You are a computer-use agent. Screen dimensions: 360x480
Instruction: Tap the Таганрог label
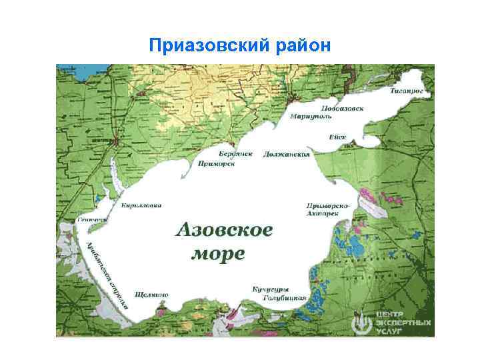pos(408,88)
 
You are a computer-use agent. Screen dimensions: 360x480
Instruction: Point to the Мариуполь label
pos(311,116)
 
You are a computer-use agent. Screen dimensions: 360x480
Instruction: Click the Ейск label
pos(337,137)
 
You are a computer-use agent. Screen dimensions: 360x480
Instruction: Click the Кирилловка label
pos(141,205)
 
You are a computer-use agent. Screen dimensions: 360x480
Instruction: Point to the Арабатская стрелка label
pos(104,276)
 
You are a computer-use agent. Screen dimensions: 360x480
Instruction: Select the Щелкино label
pos(151,294)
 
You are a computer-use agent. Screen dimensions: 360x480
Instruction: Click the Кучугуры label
pos(270,289)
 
